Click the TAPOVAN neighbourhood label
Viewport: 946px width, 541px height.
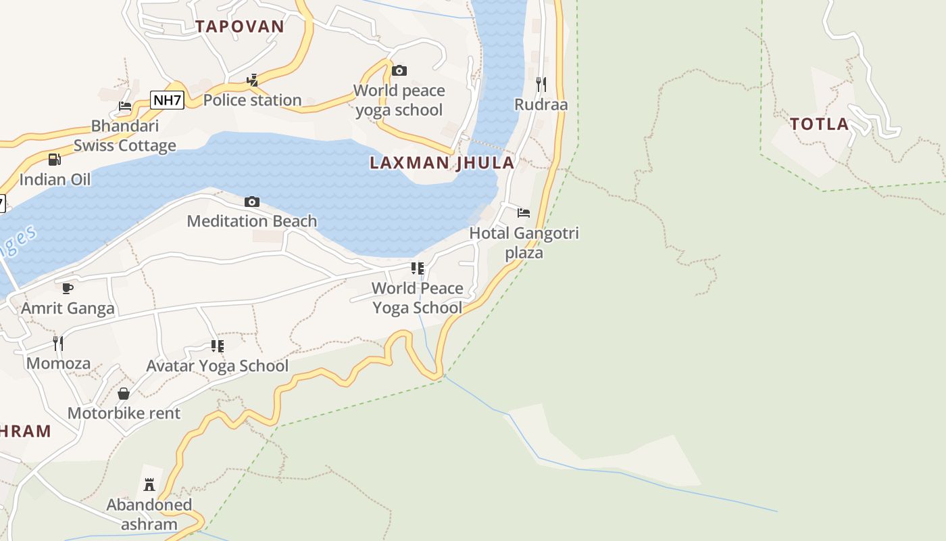click(x=240, y=26)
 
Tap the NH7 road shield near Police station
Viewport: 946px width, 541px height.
click(x=167, y=101)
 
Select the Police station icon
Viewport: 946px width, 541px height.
click(x=252, y=80)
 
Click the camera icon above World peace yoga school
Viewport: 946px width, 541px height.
click(x=399, y=70)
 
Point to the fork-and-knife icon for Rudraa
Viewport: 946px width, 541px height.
click(x=541, y=85)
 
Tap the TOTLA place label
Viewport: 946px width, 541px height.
click(x=820, y=124)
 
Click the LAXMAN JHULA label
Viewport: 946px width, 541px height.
click(x=442, y=162)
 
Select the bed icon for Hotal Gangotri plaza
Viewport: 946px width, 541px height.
click(x=524, y=213)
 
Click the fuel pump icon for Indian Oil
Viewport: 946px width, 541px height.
click(x=55, y=160)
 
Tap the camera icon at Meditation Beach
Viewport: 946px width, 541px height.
click(x=252, y=202)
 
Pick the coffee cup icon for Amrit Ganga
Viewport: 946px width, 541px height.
click(x=68, y=289)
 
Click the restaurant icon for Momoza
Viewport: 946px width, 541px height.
click(x=58, y=344)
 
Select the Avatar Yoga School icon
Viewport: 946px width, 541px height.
click(x=217, y=346)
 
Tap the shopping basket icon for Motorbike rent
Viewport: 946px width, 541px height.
click(x=124, y=394)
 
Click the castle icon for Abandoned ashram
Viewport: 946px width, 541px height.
click(x=149, y=485)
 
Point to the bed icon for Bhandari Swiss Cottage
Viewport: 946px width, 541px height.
click(x=125, y=106)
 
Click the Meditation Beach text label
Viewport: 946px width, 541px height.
click(x=252, y=221)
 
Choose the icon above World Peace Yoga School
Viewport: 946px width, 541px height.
click(x=418, y=268)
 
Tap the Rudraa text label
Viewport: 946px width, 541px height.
click(x=541, y=105)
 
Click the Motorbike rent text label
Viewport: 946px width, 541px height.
click(x=124, y=413)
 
